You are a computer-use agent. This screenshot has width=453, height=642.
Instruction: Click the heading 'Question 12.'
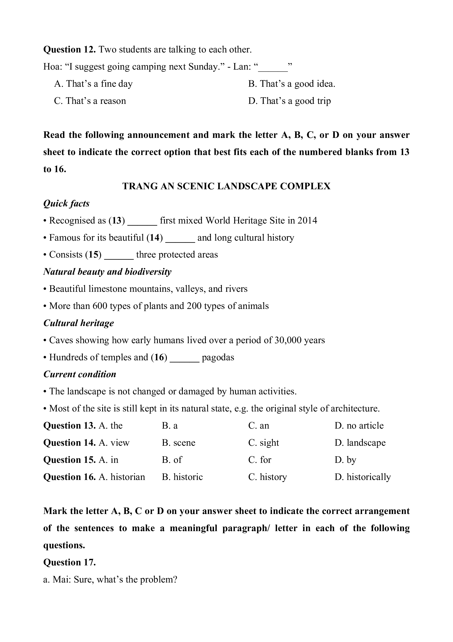70,49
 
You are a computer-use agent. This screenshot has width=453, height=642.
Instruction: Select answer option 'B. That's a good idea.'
292,84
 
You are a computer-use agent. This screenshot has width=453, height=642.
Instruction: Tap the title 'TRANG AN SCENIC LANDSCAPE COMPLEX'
226,186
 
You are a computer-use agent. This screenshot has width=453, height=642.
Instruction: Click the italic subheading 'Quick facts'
66,203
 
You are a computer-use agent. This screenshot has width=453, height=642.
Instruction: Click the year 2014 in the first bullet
307,220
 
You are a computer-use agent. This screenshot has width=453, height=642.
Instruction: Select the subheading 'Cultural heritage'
79,323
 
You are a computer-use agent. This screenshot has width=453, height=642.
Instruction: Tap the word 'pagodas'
218,357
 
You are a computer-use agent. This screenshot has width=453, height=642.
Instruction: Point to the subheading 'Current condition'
80,374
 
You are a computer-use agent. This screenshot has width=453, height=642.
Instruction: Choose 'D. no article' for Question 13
359,426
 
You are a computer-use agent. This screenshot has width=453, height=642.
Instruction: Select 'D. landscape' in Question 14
360,443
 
